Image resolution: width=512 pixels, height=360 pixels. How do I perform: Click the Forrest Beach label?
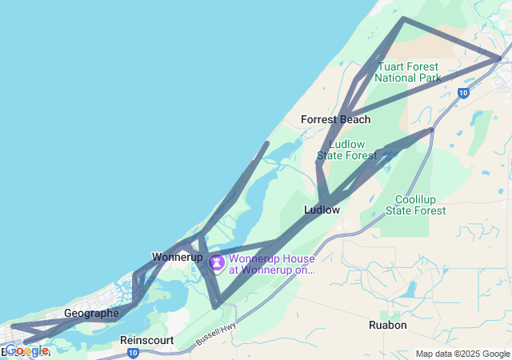click(x=335, y=119)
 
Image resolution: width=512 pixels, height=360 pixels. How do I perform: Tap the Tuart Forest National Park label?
click(x=408, y=72)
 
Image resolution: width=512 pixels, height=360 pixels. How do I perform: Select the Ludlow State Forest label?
click(x=346, y=150)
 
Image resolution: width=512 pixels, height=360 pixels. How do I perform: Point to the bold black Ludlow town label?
click(x=322, y=210)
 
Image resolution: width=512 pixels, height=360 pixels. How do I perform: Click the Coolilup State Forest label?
click(x=416, y=204)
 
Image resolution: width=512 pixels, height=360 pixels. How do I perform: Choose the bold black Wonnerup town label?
click(x=177, y=257)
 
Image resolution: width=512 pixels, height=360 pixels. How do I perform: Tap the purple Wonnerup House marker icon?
click(x=217, y=262)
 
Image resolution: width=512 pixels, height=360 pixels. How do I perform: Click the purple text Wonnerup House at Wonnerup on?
click(x=272, y=264)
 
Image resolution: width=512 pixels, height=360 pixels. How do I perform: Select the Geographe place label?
click(x=91, y=313)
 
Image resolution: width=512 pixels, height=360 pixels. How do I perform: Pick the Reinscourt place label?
click(x=147, y=340)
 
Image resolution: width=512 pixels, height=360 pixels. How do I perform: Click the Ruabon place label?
click(x=388, y=325)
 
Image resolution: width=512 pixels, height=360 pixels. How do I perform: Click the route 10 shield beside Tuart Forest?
click(x=463, y=93)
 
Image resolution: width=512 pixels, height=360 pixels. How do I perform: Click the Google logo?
click(x=26, y=350)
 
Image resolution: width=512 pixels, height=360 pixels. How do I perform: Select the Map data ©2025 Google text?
click(x=462, y=354)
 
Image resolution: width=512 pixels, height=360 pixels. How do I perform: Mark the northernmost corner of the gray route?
click(x=402, y=18)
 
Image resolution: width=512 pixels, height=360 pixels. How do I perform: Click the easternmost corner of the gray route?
click(x=499, y=58)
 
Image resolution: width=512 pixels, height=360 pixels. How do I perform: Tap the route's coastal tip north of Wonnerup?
click(x=267, y=143)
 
